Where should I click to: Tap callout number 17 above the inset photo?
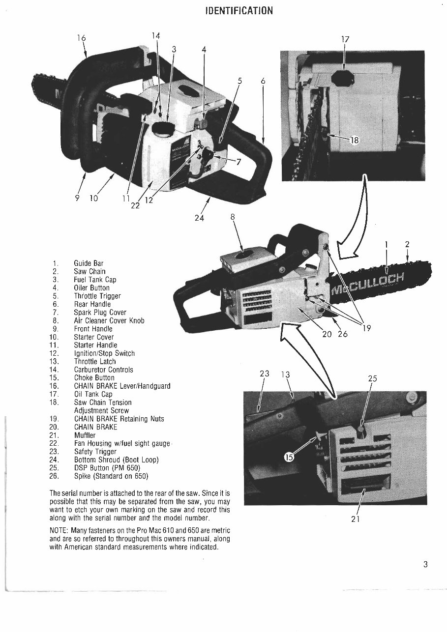pyautogui.click(x=345, y=39)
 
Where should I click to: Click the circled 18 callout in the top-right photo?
pyautogui.click(x=354, y=140)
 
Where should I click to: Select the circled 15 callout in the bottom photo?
pyautogui.click(x=290, y=458)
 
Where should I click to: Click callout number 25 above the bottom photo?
pyautogui.click(x=372, y=378)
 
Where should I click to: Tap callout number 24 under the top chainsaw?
pyautogui.click(x=199, y=218)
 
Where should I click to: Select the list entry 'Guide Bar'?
pyautogui.click(x=89, y=263)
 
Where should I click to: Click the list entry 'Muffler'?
pyautogui.click(x=85, y=435)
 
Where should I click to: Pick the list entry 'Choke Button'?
pyautogui.click(x=94, y=378)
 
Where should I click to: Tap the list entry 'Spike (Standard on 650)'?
pyautogui.click(x=111, y=476)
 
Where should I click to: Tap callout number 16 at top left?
pyautogui.click(x=81, y=37)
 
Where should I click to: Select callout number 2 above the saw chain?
pyautogui.click(x=407, y=244)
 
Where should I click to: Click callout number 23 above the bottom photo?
pyautogui.click(x=265, y=373)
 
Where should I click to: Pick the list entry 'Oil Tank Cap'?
pyautogui.click(x=93, y=394)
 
